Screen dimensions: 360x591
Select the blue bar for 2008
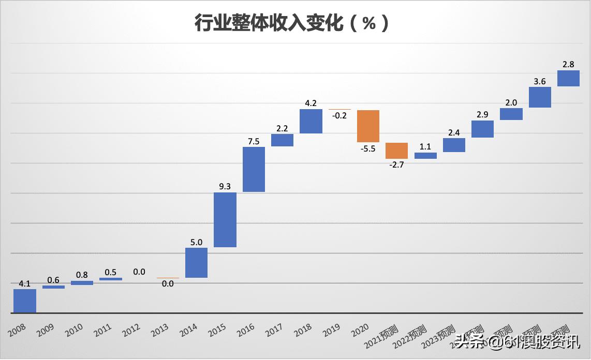click(x=25, y=301)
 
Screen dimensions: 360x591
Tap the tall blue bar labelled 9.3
click(x=225, y=220)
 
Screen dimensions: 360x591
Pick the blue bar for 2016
click(x=254, y=169)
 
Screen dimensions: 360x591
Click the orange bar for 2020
click(x=368, y=126)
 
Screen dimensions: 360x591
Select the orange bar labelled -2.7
click(x=396, y=151)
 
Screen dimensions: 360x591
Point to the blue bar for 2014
click(x=197, y=263)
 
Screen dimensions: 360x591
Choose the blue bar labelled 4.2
click(x=311, y=121)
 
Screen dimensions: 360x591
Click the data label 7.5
click(x=254, y=141)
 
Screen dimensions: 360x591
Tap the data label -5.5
click(x=368, y=148)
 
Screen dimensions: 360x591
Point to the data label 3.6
click(x=540, y=81)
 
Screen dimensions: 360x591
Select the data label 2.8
click(x=568, y=65)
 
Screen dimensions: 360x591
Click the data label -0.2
click(x=339, y=116)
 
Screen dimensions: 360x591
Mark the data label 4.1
click(x=25, y=283)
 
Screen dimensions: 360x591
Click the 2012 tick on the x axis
click(x=132, y=330)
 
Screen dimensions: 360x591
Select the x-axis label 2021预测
click(x=380, y=335)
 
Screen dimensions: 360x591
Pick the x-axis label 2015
click(x=218, y=330)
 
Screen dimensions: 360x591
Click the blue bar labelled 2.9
click(x=482, y=129)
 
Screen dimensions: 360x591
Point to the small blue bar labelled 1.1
click(x=425, y=155)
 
